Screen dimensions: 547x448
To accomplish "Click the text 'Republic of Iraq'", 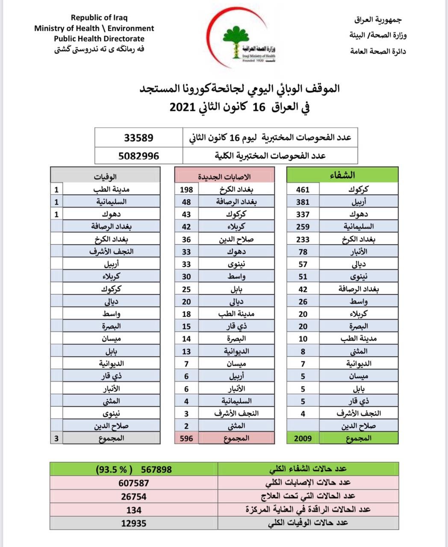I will (99, 18).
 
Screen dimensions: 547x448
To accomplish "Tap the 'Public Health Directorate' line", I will (99, 38).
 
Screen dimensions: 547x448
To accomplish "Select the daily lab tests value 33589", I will (139, 138).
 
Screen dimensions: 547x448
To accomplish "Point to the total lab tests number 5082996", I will (139, 156).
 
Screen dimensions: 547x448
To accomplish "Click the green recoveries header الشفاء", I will (342, 175).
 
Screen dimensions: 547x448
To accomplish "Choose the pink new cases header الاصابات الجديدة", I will (224, 176).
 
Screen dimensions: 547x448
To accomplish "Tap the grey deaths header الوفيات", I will (106, 176).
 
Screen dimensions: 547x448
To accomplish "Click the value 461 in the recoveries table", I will (303, 189).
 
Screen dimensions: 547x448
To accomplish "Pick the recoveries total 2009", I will (303, 438).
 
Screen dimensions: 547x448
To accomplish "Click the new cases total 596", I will (186, 438).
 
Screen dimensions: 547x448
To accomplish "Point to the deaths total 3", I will (56, 438).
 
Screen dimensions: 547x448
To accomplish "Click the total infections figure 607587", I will (134, 482).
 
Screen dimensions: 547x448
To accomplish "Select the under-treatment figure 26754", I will (134, 496).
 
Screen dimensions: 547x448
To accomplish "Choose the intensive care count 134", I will (134, 509).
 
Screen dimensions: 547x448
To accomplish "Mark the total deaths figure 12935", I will (134, 523).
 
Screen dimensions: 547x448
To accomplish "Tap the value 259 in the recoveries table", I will (303, 226).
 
